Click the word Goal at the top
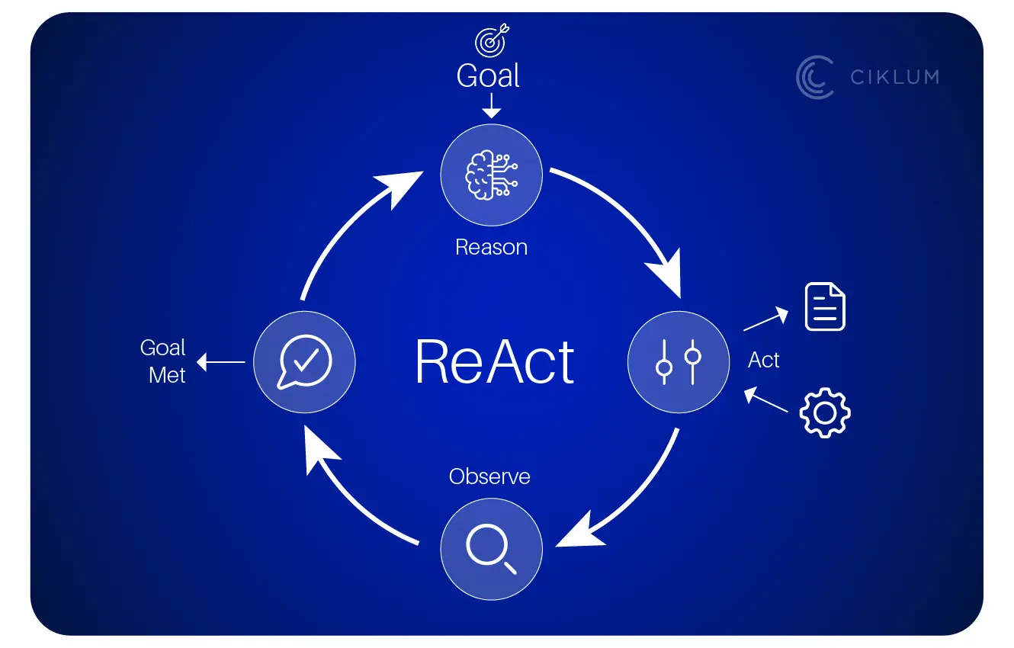[488, 75]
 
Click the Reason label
[491, 247]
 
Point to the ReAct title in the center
[495, 362]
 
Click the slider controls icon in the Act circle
[678, 362]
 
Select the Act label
[764, 360]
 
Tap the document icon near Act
[825, 306]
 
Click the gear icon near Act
[825, 412]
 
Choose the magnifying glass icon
[491, 549]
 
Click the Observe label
[489, 476]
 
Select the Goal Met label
[163, 361]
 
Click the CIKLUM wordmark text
[894, 77]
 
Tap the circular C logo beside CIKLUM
[815, 78]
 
